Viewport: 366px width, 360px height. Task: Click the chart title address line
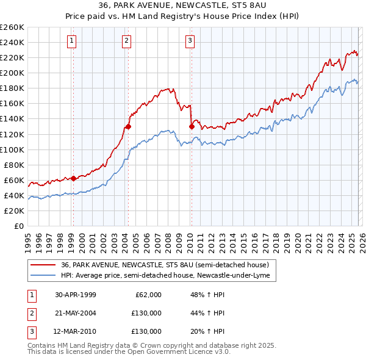click(182, 5)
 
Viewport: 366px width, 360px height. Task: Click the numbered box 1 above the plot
click(72, 41)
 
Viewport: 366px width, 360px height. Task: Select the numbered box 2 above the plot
click(126, 41)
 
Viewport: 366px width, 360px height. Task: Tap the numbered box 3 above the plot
click(190, 41)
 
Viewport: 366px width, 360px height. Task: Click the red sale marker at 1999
click(73, 178)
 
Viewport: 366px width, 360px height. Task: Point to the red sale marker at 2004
click(128, 126)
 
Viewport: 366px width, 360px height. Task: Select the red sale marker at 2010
click(191, 126)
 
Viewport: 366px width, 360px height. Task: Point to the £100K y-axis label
click(12, 149)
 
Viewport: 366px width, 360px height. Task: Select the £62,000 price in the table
click(147, 295)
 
